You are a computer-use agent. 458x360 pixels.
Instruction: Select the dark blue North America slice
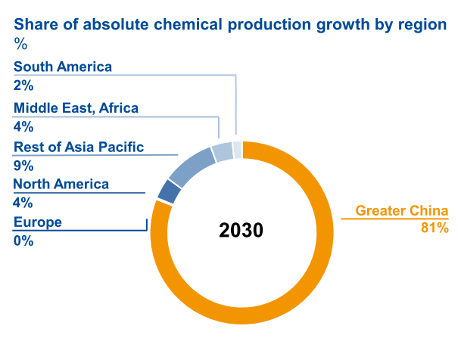pos(169,191)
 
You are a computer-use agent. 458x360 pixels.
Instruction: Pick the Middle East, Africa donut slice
pos(222,152)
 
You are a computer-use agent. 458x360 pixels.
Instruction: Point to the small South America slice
pos(237,149)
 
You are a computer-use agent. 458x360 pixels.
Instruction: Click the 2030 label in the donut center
pos(241,231)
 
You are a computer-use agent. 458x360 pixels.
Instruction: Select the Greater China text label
pos(402,211)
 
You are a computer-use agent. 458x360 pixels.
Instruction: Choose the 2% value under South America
pos(23,85)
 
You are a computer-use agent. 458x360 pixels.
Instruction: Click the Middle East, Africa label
pos(76,108)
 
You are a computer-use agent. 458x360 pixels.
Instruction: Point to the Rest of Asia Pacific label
pos(79,147)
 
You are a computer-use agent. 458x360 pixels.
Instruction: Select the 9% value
pos(23,165)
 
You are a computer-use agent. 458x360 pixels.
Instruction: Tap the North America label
pos(61,184)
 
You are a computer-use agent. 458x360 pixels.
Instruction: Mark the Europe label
pos(38,222)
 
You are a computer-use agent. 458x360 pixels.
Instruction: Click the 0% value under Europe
pos(23,241)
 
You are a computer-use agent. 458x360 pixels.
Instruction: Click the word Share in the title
pos(34,24)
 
